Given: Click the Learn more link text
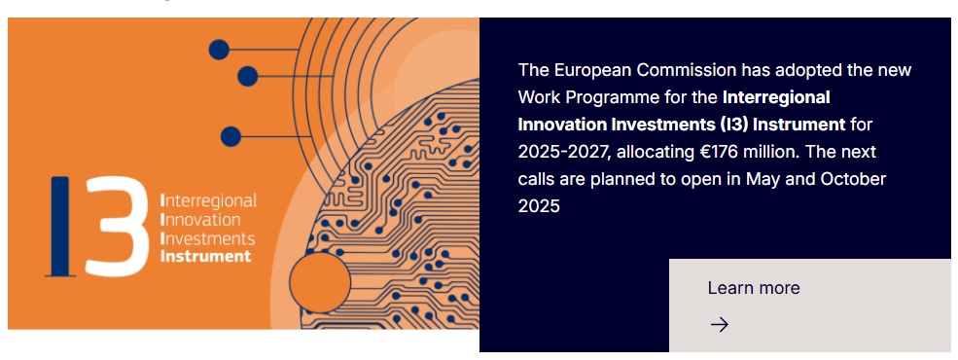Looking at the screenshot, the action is pos(754,288).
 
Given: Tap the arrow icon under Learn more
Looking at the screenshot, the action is pos(719,325).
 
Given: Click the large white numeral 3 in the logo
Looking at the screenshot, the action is pos(118,227).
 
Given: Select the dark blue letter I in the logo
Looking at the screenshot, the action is pos(60,227).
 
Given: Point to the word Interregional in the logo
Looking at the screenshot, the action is pos(208,201).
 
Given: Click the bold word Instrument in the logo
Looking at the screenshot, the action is pos(206,256).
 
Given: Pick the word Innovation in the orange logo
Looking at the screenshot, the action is pos(200,220).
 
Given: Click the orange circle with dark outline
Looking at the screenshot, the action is pos(320,282).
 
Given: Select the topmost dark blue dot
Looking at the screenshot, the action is pos(219,50).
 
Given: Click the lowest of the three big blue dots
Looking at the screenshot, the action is pos(231,136).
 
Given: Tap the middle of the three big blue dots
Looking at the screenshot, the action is pos(247,77).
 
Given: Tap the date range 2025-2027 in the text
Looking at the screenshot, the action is pos(564,152).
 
